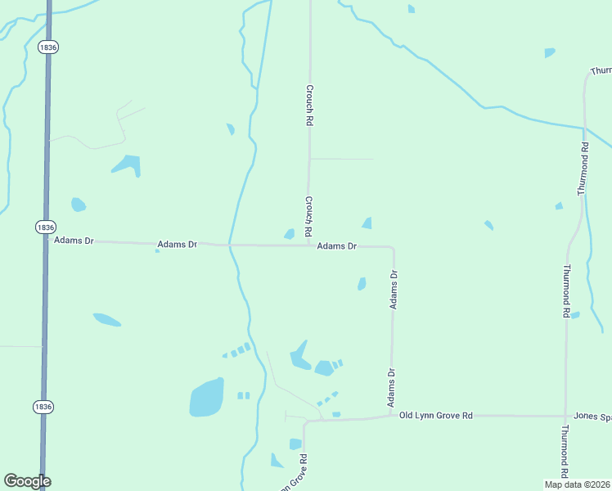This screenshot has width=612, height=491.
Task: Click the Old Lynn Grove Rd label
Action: pos(436,416)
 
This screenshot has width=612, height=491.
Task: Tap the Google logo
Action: pos(27,481)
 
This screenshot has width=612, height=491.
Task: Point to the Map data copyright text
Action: pos(578,484)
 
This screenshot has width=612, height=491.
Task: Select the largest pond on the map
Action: pos(206,398)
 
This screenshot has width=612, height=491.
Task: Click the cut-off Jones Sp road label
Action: pos(592,416)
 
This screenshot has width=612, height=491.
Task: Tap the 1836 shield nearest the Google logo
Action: pos(44,406)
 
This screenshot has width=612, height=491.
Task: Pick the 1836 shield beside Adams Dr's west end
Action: pos(46,227)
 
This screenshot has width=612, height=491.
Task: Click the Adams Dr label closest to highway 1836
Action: pos(74,241)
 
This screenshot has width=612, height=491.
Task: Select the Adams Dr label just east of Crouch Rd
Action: pos(336,245)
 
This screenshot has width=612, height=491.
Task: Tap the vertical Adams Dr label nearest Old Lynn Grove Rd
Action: pos(392,388)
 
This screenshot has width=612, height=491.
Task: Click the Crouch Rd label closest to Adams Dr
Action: pos(309,216)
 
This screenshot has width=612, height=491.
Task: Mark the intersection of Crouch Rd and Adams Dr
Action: pos(309,245)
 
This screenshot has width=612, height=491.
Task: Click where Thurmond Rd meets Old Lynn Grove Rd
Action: pos(565,416)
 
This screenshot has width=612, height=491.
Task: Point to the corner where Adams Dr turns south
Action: pos(393,247)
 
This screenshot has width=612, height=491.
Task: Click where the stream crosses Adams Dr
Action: pos(231,245)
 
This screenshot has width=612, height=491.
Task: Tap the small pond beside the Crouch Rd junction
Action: pos(289,234)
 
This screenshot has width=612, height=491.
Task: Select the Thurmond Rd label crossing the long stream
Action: pos(583,168)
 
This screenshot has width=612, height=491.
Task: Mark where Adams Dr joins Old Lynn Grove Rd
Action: pos(391,417)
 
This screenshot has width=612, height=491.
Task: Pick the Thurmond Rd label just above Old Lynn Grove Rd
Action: pos(565,291)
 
